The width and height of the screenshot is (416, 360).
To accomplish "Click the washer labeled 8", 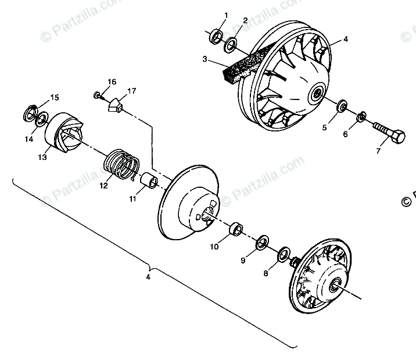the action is point(285,254).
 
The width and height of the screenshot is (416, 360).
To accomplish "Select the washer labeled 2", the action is point(231,43).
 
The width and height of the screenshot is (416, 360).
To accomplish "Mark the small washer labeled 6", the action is point(361,117).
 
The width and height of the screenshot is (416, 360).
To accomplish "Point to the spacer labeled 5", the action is point(343,107).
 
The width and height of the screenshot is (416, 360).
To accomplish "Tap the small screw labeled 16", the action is point(98,94).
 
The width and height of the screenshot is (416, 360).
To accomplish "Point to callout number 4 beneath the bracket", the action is point(149,277).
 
